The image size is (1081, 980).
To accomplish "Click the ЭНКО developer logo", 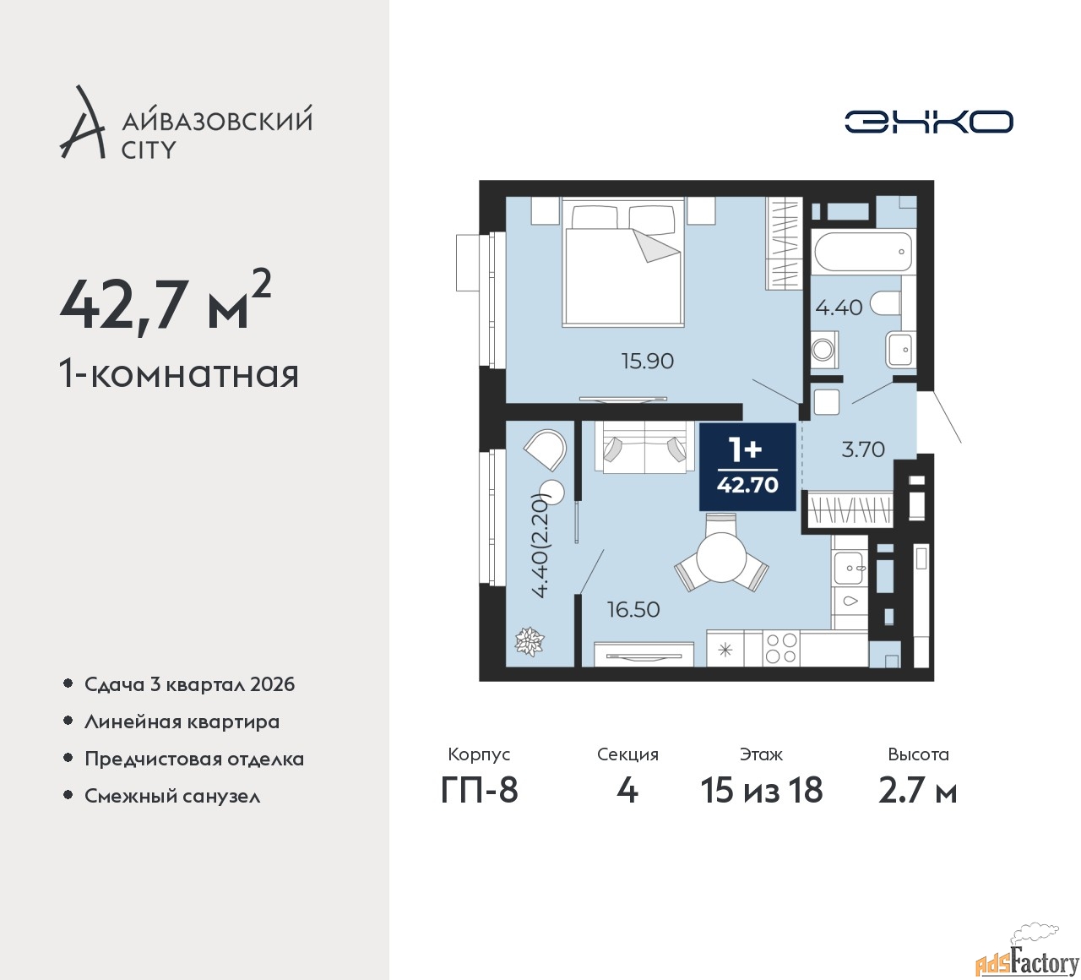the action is [928, 122].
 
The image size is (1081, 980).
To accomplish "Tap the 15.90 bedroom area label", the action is [648, 362].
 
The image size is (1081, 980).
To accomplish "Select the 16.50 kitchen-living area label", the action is [633, 610].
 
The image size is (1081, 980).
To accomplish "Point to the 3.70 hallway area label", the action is [863, 449].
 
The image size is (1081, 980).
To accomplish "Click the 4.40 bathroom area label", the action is [839, 308].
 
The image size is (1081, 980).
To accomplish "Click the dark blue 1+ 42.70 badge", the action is [747, 467].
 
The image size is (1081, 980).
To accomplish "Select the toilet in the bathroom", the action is [885, 303].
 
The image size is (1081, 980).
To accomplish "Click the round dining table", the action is [721, 558].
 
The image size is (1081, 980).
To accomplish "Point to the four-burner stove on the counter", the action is [781, 648].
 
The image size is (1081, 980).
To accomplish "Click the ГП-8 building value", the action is [479, 791].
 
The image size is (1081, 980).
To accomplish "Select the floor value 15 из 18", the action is [762, 791].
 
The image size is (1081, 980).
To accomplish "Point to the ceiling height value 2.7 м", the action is [918, 791].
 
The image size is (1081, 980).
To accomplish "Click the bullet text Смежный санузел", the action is [172, 796].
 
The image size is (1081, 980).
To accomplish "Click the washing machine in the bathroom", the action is [823, 349].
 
